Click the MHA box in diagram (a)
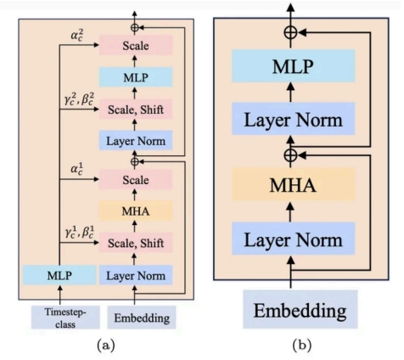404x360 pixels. click(136, 211)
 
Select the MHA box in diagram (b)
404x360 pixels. click(294, 184)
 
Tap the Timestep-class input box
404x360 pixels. click(65, 317)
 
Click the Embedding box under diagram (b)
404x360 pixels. click(300, 309)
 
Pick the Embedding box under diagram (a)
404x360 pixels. click(142, 318)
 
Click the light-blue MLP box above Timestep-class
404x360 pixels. click(59, 275)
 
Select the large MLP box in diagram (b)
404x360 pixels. click(294, 66)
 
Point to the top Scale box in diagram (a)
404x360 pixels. click(136, 45)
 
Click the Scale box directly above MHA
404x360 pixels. click(136, 179)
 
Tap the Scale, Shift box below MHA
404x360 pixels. click(136, 243)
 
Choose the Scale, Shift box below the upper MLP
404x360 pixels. click(136, 110)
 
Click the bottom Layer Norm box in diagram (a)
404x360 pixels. click(136, 275)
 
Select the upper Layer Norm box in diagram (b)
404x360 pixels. click(294, 119)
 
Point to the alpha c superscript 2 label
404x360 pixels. click(76, 36)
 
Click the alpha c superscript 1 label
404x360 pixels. click(76, 169)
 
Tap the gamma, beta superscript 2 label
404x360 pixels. click(79, 99)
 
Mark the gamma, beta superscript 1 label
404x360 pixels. click(79, 233)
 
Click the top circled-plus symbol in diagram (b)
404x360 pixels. click(290, 32)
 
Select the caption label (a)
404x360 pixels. click(106, 346)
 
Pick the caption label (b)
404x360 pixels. click(302, 346)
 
